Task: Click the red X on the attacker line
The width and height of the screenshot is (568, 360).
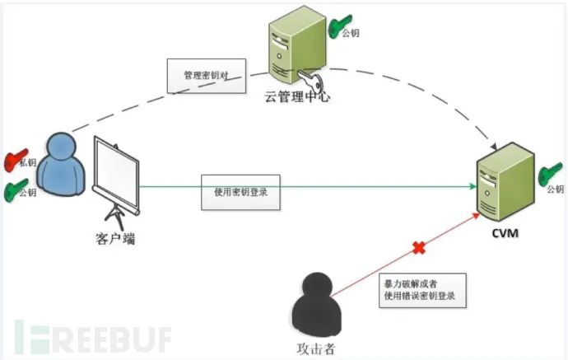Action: tap(418, 246)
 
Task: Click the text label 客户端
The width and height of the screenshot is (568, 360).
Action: tap(109, 239)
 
